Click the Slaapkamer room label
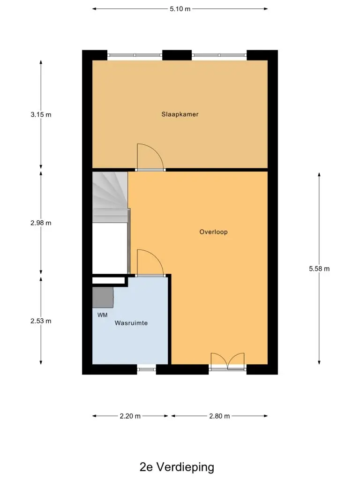click(x=180, y=114)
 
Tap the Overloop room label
click(x=213, y=232)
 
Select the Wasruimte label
click(x=131, y=323)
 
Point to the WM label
click(x=102, y=315)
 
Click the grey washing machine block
click(x=103, y=297)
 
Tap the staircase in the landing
click(x=110, y=197)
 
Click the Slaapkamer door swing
click(x=150, y=156)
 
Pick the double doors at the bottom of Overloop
click(x=228, y=361)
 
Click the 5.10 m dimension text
click(x=180, y=9)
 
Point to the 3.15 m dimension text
click(x=41, y=114)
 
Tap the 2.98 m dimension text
click(x=41, y=223)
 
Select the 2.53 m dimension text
click(x=41, y=321)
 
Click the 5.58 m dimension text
click(x=319, y=269)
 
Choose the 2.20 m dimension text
click(x=130, y=416)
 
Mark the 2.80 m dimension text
click(x=219, y=416)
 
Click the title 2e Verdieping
click(x=177, y=467)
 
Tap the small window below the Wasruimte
click(x=146, y=369)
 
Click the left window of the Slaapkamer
click(x=135, y=55)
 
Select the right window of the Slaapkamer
click(x=219, y=55)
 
